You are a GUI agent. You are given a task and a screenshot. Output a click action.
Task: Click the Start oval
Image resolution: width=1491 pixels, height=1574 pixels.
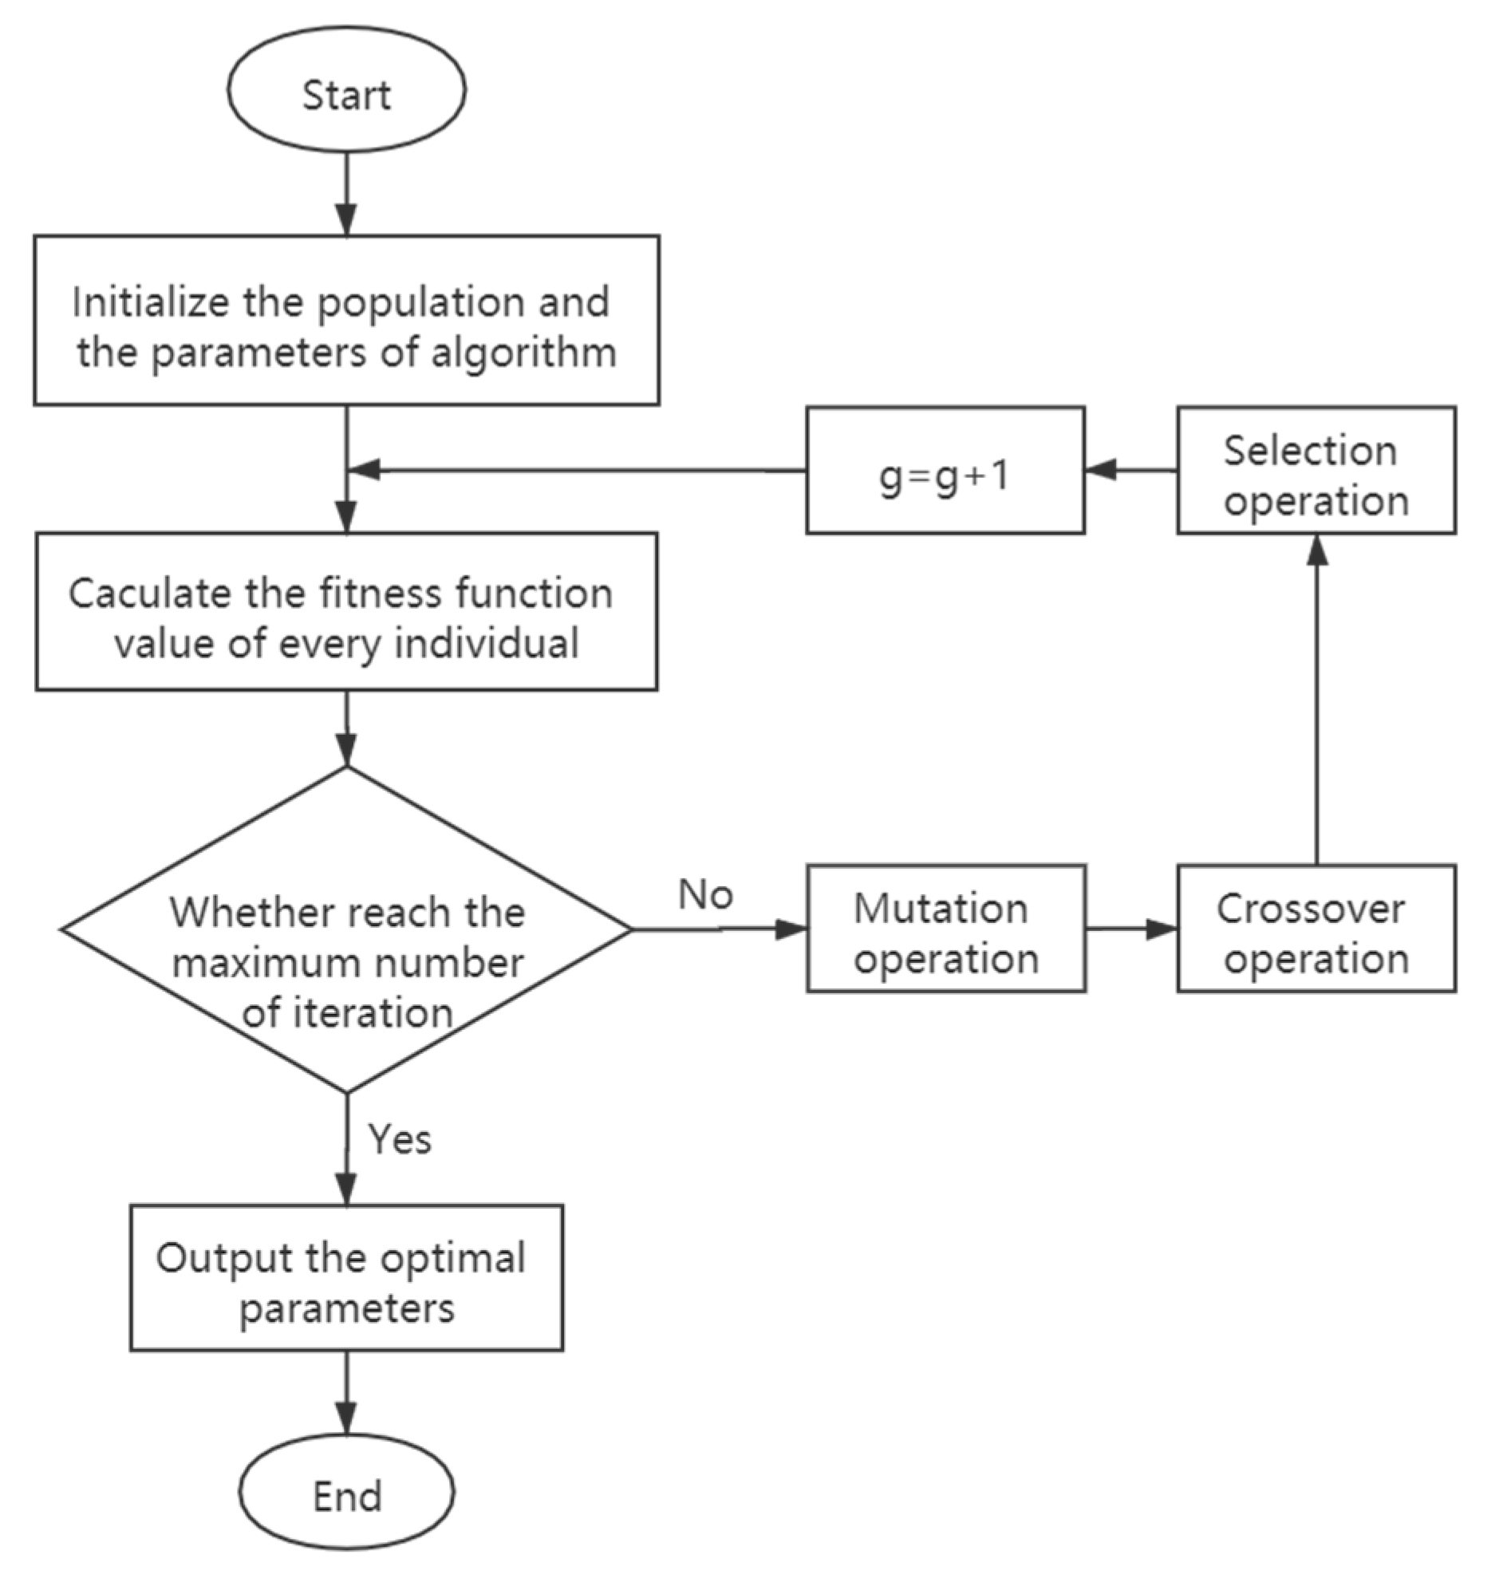point(346,89)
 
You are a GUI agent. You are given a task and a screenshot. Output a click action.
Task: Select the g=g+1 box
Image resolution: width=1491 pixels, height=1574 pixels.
point(945,471)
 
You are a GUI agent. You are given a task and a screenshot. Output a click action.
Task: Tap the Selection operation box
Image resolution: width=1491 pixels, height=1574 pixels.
point(1315,471)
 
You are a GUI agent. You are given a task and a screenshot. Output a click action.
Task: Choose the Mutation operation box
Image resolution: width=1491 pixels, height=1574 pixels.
point(945,929)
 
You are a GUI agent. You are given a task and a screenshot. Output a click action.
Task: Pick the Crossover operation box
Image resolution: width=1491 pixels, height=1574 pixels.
point(1315,929)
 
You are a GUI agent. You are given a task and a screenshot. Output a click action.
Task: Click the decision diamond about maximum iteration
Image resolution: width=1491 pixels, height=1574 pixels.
point(346,929)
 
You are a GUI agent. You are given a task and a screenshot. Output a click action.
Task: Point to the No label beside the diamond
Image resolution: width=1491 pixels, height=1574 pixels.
point(705,894)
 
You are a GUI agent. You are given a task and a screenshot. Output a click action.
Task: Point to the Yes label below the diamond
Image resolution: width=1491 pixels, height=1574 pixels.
point(400,1138)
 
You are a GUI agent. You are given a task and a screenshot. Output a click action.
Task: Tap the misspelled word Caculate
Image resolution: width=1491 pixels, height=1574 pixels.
point(140,594)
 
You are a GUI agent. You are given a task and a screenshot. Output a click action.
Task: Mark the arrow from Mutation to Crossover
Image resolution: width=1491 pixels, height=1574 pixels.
point(1131,929)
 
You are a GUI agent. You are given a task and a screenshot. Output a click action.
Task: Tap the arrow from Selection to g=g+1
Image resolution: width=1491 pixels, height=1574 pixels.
point(1130,471)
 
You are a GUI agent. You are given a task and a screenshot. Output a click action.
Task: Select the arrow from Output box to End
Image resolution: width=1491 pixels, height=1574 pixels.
point(346,1392)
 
